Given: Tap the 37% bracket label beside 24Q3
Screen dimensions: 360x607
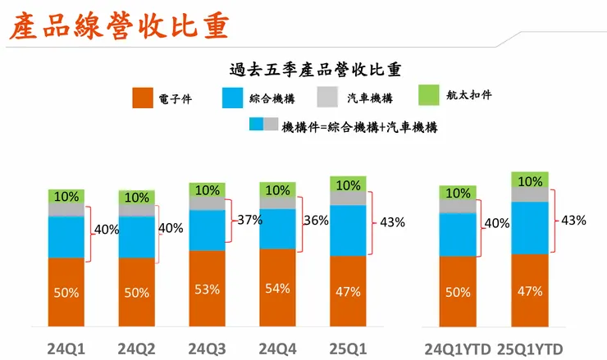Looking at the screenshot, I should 249,220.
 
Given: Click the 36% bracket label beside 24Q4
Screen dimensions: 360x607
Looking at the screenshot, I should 316,220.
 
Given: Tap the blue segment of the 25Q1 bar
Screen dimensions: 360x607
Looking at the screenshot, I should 349,230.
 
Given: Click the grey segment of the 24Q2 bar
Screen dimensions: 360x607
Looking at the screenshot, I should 137,210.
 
